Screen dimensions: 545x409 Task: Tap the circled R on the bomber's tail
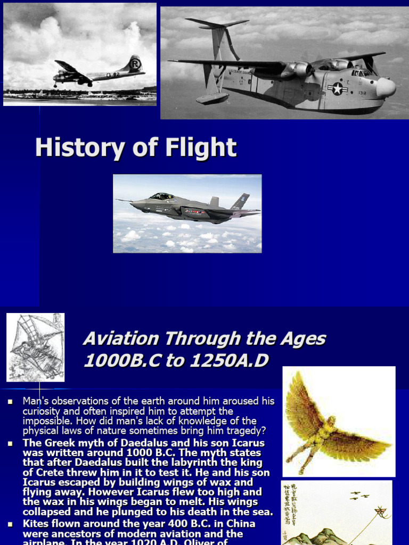[136, 63]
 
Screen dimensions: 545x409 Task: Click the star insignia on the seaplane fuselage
[337, 89]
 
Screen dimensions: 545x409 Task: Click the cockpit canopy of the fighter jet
[161, 196]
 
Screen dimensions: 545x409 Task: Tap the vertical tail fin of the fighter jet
[240, 202]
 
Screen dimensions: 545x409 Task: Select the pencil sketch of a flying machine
[35, 347]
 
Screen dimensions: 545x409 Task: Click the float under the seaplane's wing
[212, 98]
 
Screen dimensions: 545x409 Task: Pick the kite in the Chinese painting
[380, 511]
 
